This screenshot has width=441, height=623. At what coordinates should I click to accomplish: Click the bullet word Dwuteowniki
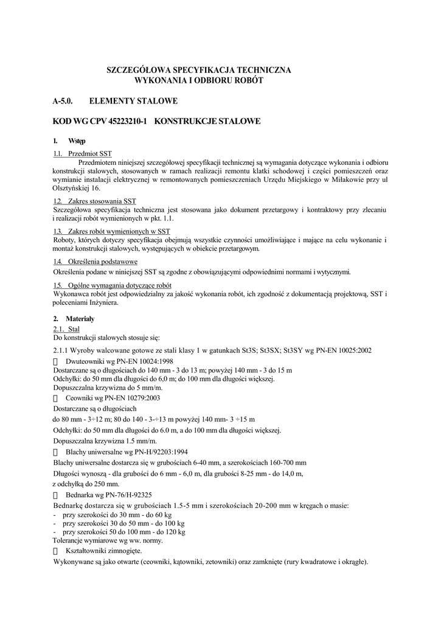86,361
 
